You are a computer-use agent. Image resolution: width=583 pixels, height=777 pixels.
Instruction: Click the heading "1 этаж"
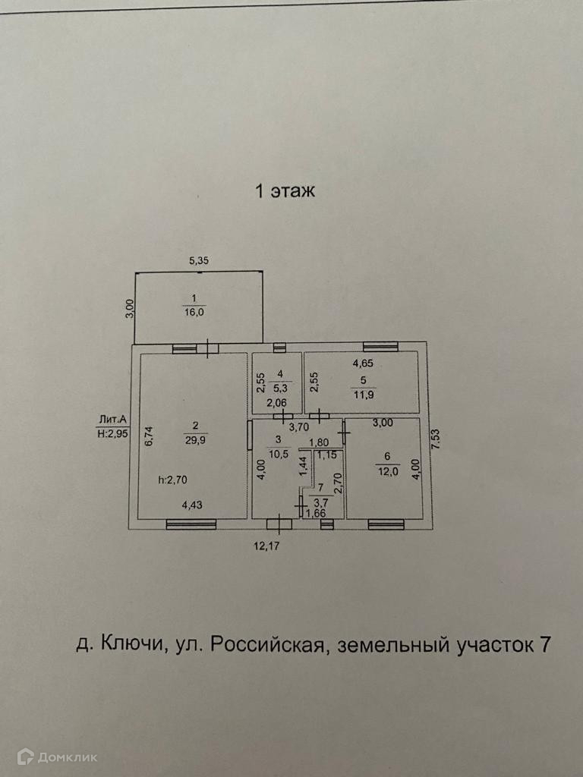(x=285, y=191)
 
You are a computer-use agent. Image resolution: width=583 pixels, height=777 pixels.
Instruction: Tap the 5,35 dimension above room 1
(x=198, y=260)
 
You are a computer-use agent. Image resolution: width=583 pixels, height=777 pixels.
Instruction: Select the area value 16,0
(x=197, y=311)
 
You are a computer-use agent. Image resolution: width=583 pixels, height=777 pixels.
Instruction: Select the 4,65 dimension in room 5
(x=363, y=363)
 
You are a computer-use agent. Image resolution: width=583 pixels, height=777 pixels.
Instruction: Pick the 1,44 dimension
(x=303, y=465)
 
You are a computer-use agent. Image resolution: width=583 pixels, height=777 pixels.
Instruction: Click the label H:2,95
(x=112, y=433)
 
